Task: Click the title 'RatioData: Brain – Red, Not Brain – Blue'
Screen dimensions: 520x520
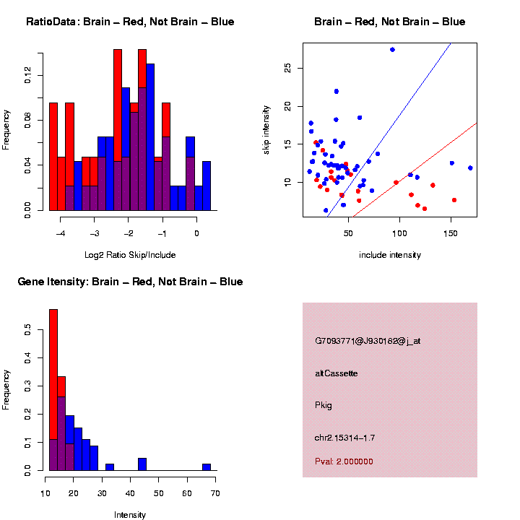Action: click(x=130, y=22)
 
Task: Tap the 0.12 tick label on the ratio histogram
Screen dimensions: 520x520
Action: click(x=28, y=75)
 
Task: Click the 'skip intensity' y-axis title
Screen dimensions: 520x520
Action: click(x=266, y=129)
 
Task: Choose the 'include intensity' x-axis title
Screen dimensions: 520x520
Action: click(x=390, y=255)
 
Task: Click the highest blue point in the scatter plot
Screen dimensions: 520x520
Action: click(x=392, y=50)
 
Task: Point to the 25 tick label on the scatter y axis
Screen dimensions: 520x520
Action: click(x=287, y=67)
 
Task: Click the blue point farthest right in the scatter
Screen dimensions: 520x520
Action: click(x=470, y=168)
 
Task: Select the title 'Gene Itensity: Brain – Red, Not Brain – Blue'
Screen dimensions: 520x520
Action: click(x=130, y=282)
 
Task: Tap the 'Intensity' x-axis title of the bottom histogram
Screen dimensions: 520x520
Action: click(x=130, y=515)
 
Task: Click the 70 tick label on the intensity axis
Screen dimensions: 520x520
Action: click(x=214, y=493)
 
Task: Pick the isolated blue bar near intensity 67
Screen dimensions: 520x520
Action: click(x=207, y=467)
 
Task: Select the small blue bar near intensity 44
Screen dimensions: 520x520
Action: click(x=142, y=464)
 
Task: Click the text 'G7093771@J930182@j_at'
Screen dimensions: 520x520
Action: click(x=368, y=341)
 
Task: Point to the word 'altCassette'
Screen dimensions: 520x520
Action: click(x=337, y=373)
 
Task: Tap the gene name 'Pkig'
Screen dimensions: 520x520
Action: click(x=324, y=405)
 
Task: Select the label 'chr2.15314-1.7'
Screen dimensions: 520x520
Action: click(x=344, y=438)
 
